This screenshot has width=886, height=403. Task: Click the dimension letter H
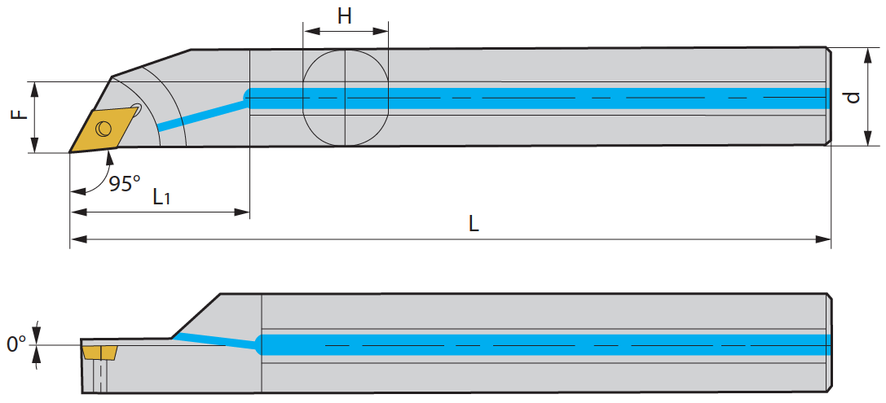pyautogui.click(x=345, y=16)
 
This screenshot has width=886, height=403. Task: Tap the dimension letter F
pyautogui.click(x=20, y=115)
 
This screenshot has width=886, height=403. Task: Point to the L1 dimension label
pyautogui.click(x=162, y=197)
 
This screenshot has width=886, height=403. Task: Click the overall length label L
pyautogui.click(x=474, y=224)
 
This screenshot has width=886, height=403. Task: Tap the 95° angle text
pyautogui.click(x=125, y=184)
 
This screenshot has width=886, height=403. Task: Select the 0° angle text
pyautogui.click(x=15, y=344)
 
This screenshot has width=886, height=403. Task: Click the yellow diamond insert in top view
pyautogui.click(x=104, y=129)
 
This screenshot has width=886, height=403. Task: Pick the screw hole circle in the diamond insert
pyautogui.click(x=103, y=129)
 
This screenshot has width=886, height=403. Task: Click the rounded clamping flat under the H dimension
pyautogui.click(x=346, y=98)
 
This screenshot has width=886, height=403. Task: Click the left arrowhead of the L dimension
pyautogui.click(x=78, y=239)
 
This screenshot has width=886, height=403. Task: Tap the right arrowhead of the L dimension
pyautogui.click(x=823, y=239)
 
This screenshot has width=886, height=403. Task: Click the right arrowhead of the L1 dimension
pyautogui.click(x=242, y=212)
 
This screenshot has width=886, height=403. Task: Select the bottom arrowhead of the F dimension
pyautogui.click(x=35, y=145)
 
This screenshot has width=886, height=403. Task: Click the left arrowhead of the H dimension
pyautogui.click(x=311, y=30)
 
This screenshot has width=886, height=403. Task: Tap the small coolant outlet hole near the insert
pyautogui.click(x=135, y=107)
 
